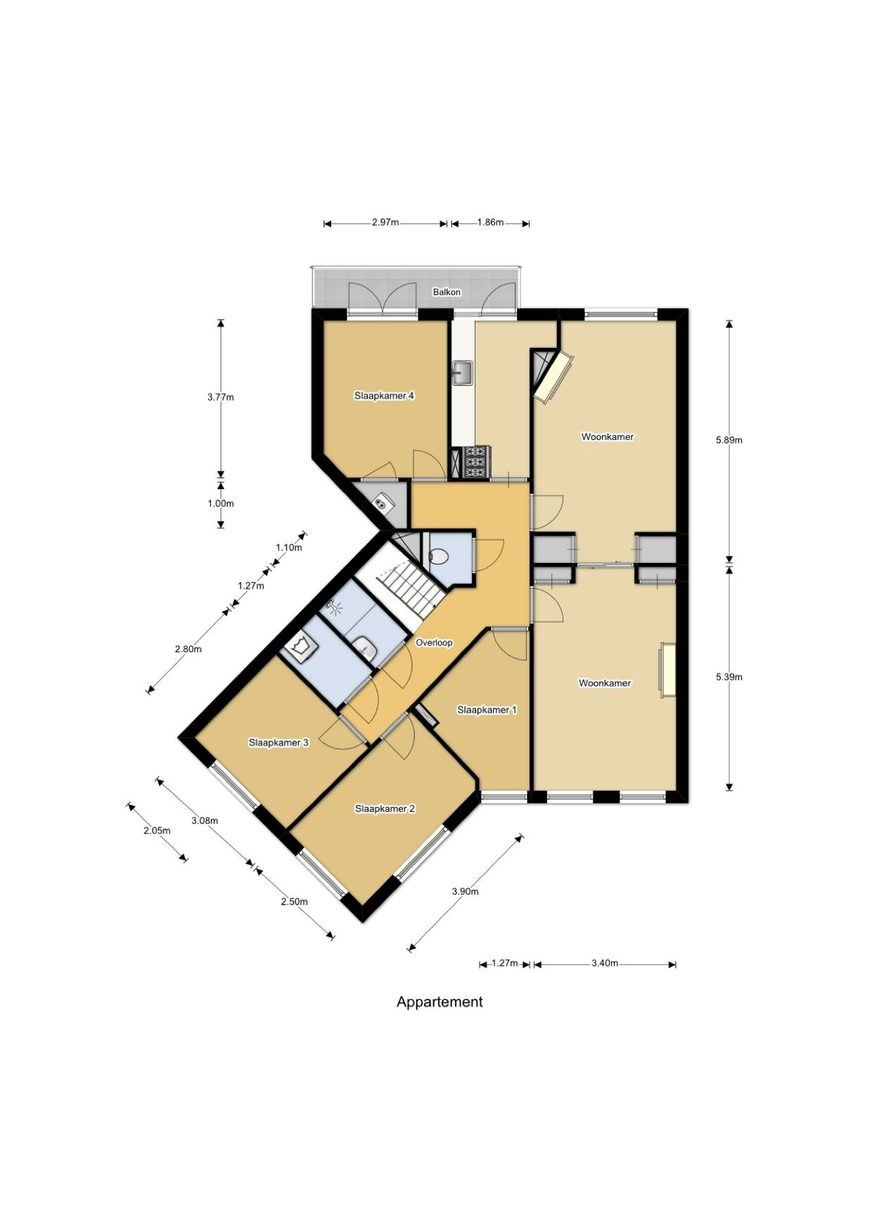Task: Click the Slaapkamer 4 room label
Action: tap(384, 396)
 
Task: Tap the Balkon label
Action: tap(447, 292)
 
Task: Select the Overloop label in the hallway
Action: tap(434, 642)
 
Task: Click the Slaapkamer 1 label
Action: tap(487, 710)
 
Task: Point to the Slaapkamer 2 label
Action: tap(385, 809)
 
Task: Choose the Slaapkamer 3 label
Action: tap(278, 742)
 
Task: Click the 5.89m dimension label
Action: tap(729, 440)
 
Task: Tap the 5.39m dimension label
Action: tap(729, 677)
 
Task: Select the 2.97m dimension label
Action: tap(385, 223)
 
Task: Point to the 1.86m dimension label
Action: tap(490, 223)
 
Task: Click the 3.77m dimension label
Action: tap(221, 397)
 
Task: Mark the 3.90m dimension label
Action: tap(465, 891)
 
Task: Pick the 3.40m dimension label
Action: tap(605, 963)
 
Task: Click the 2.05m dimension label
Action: tap(157, 830)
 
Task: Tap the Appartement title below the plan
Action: tap(440, 1001)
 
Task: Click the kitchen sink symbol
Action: tap(463, 372)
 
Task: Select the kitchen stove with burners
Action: tap(477, 462)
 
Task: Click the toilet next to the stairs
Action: tap(439, 557)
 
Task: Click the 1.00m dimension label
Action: tap(221, 503)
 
